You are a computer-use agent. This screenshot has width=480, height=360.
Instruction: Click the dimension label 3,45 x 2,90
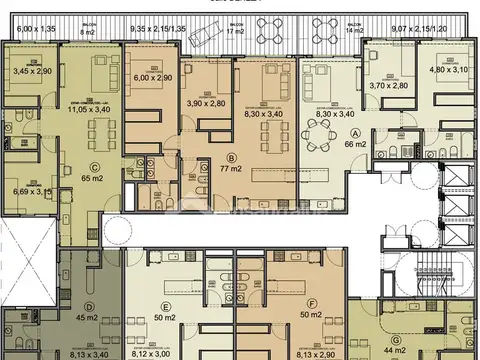click(x=31, y=72)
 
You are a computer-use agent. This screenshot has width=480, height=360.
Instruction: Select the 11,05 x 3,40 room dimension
click(x=89, y=106)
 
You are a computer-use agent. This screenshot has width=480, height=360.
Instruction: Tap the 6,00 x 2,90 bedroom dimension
click(x=153, y=77)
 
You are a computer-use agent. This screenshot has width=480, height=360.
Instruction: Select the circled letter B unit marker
click(x=232, y=157)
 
